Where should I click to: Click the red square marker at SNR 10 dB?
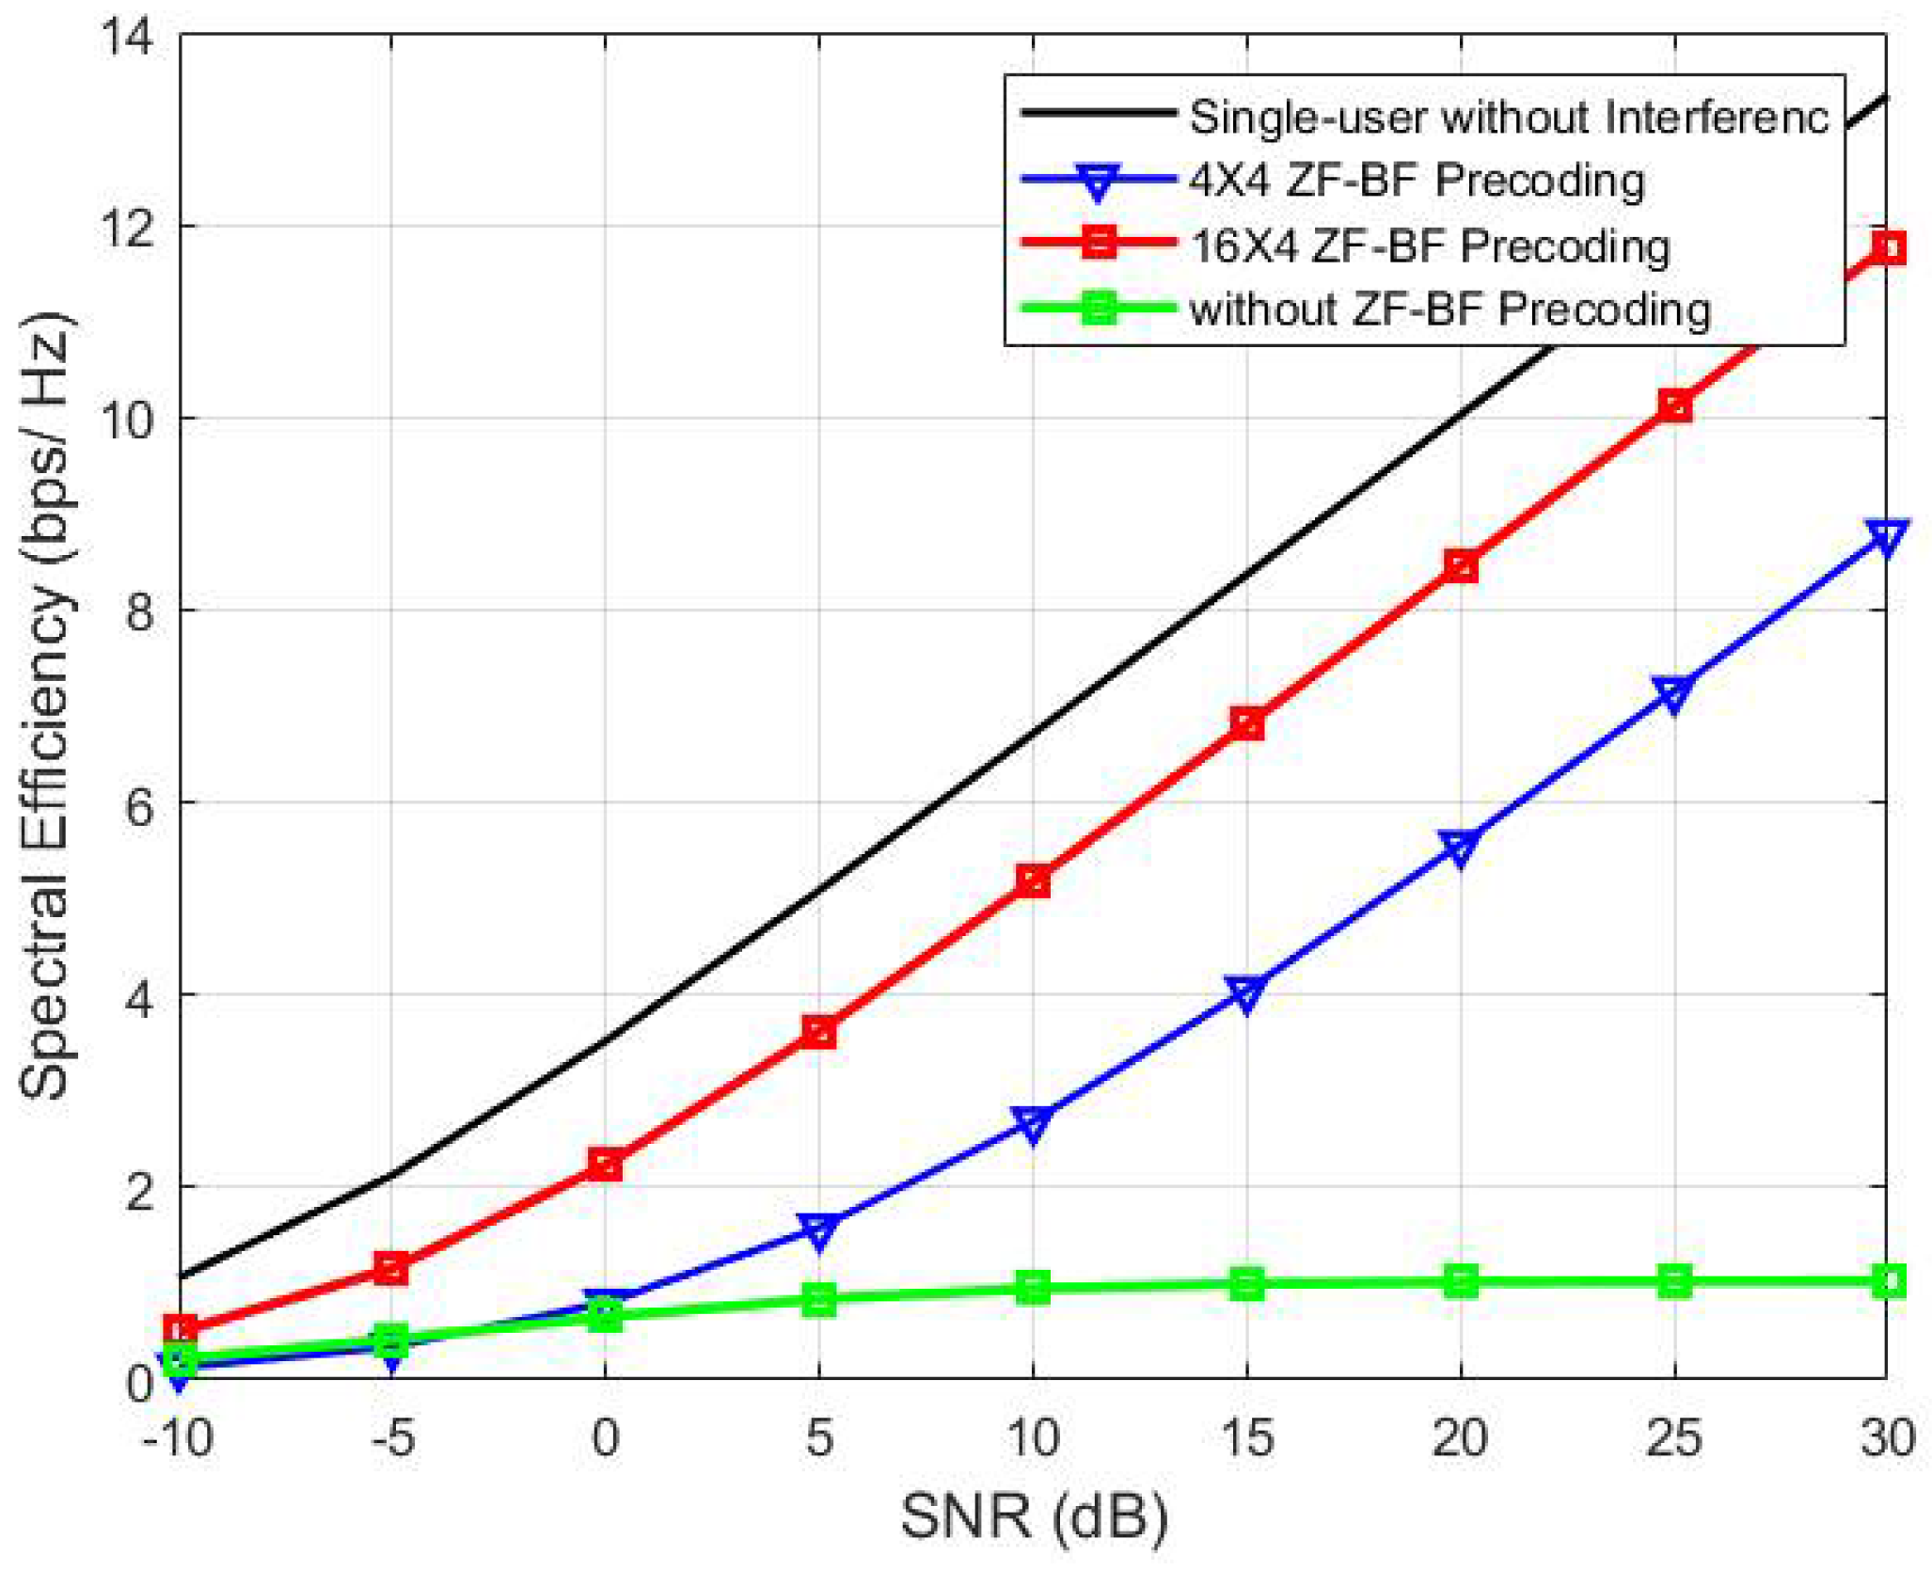(1033, 880)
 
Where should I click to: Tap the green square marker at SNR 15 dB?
(1246, 1283)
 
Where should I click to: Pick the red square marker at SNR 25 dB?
(1674, 406)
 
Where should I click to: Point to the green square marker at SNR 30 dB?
(1888, 1280)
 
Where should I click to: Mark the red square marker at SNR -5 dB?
(391, 1267)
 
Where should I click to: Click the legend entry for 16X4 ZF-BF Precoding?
(1430, 246)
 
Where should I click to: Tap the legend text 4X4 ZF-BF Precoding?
(1417, 181)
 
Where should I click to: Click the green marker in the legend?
(1098, 309)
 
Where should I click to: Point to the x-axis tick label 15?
(1246, 1438)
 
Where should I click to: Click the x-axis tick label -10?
(177, 1438)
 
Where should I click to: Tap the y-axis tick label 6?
(139, 805)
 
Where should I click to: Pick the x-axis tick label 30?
(1887, 1438)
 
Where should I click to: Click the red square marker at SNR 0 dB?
(605, 1165)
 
